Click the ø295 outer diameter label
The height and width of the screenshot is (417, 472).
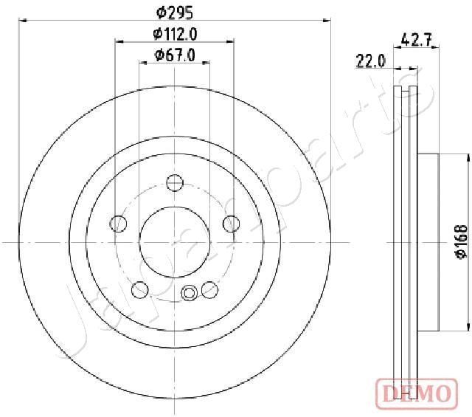click(175, 12)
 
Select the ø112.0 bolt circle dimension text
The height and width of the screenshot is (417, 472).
click(175, 33)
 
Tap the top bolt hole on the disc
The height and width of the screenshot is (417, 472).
click(175, 182)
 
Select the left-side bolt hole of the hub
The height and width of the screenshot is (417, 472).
click(117, 223)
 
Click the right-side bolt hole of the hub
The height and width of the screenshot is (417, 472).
click(232, 223)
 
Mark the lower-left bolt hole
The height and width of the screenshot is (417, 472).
click(139, 289)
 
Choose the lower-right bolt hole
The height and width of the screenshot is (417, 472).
click(209, 289)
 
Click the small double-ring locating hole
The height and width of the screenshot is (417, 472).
click(190, 294)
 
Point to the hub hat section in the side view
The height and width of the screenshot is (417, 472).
click(428, 242)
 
